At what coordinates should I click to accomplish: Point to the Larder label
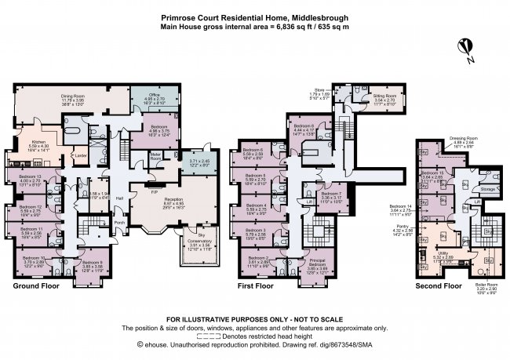click(x=81, y=155)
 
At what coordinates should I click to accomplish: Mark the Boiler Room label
click(x=486, y=287)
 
